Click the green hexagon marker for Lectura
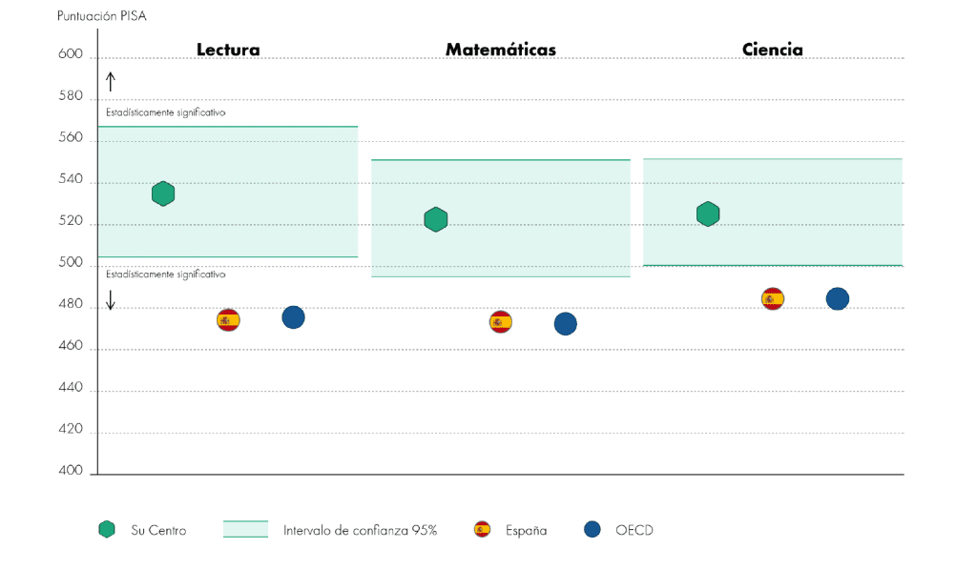click(x=163, y=193)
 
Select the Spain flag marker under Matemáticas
click(x=501, y=322)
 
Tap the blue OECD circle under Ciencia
click(x=837, y=299)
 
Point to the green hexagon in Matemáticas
click(x=435, y=219)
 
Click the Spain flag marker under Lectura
click(x=228, y=319)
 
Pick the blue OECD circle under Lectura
click(x=293, y=317)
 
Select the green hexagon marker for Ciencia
click(x=708, y=213)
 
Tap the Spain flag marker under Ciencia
click(x=773, y=298)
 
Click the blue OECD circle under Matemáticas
click(x=565, y=324)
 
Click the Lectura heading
click(x=228, y=50)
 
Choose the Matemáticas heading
click(x=501, y=50)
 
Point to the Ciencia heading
click(x=773, y=50)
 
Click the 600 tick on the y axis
click(x=73, y=55)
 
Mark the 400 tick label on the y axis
click(x=73, y=472)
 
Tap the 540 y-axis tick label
click(x=73, y=180)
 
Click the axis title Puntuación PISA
click(x=102, y=16)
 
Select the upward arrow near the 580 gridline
click(x=111, y=82)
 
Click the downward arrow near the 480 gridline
click(x=111, y=300)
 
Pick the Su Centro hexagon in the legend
click(x=107, y=530)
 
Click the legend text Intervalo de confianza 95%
click(x=360, y=531)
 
